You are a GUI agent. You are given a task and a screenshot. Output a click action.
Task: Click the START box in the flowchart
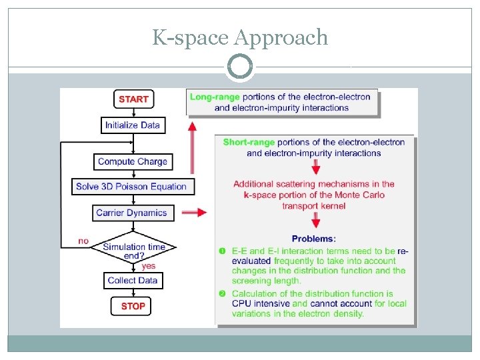pos(133,99)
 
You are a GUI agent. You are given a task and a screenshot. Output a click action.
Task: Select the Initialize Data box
pos(133,125)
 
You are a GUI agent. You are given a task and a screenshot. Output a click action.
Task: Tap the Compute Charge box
pos(133,161)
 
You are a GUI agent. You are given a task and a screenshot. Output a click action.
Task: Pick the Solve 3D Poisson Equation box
pos(133,186)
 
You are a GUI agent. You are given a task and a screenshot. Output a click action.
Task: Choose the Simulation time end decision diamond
pos(133,250)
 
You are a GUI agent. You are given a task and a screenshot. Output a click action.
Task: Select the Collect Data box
pos(133,280)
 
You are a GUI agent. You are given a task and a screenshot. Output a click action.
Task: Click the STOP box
pos(133,306)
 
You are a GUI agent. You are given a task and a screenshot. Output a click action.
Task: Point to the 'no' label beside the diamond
pos(83,241)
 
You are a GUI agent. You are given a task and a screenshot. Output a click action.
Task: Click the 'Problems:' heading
pos(314,238)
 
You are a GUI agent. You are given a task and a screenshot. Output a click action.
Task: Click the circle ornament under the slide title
pos(240,67)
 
